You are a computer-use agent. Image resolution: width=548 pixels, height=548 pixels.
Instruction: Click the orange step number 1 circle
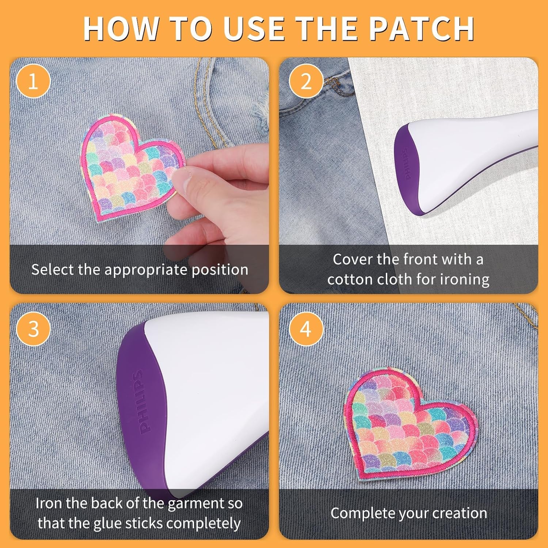click(x=33, y=81)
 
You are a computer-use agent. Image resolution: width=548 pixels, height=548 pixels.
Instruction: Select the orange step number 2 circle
click(x=306, y=81)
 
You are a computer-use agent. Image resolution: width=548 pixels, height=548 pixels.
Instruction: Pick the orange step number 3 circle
click(x=33, y=329)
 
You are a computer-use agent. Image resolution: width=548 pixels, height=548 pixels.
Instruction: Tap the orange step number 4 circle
click(x=306, y=329)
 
